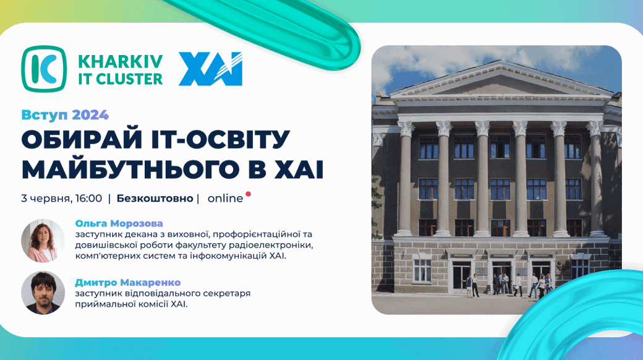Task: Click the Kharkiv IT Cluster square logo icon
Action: click(43, 69)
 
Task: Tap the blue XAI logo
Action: click(210, 69)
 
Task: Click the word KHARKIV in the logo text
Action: click(120, 62)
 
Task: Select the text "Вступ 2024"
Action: click(65, 115)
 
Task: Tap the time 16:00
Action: click(88, 199)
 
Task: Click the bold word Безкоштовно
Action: click(155, 199)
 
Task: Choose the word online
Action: click(225, 199)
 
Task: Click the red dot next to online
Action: click(248, 194)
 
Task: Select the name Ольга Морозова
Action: click(119, 224)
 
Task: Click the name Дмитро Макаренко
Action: click(128, 283)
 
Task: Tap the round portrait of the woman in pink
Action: click(43, 241)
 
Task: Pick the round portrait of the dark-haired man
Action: click(43, 293)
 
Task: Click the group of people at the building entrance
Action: click(508, 285)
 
